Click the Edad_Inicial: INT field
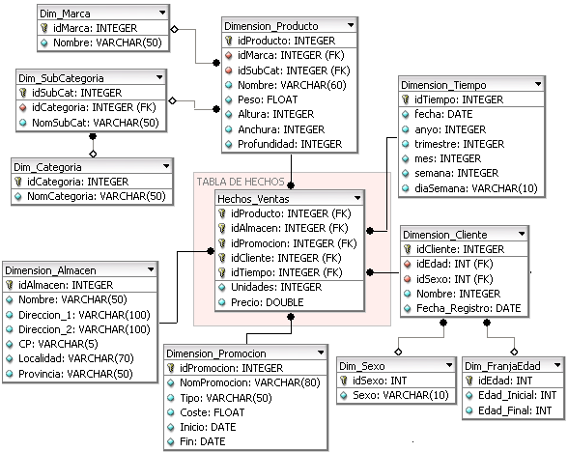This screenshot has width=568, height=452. coord(512,396)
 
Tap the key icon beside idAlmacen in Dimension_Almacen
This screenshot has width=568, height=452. coord(11,286)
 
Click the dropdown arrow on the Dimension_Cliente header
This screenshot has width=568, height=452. coord(521,234)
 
